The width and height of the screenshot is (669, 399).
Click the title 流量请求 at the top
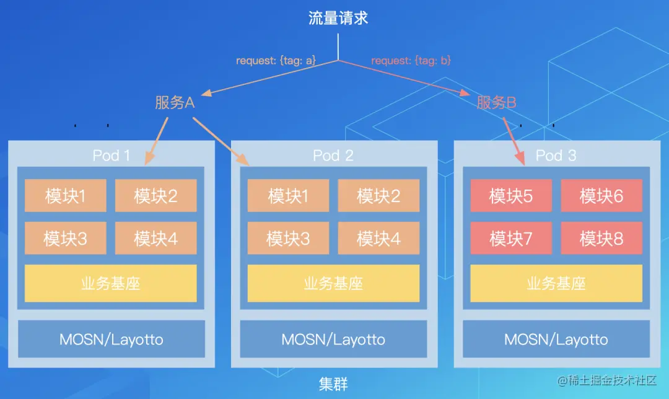338,18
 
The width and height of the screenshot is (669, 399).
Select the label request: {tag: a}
276,61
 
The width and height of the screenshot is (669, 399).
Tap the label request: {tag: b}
411,61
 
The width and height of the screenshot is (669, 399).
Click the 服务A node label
175,103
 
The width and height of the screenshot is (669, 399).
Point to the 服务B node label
497,103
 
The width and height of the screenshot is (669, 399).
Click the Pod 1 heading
111,155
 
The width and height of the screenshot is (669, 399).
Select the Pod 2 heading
333,155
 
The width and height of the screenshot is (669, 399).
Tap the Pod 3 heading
556,155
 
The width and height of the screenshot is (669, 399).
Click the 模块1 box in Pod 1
66,196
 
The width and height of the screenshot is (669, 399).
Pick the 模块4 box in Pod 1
155,239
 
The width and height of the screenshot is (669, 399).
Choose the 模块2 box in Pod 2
378,196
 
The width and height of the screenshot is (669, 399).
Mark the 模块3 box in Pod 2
289,239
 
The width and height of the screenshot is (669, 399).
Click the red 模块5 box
511,196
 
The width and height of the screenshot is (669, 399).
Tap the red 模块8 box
601,239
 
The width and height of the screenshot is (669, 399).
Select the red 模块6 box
601,196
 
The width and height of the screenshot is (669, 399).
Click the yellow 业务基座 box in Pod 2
333,284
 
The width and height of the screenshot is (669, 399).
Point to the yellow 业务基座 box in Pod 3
556,284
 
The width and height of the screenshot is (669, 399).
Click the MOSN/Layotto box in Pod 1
111,339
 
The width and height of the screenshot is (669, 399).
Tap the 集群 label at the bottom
333,384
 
